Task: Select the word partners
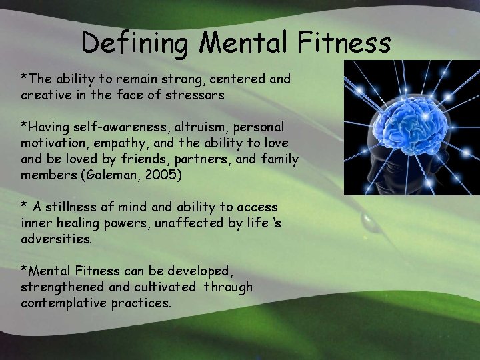[207, 159]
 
